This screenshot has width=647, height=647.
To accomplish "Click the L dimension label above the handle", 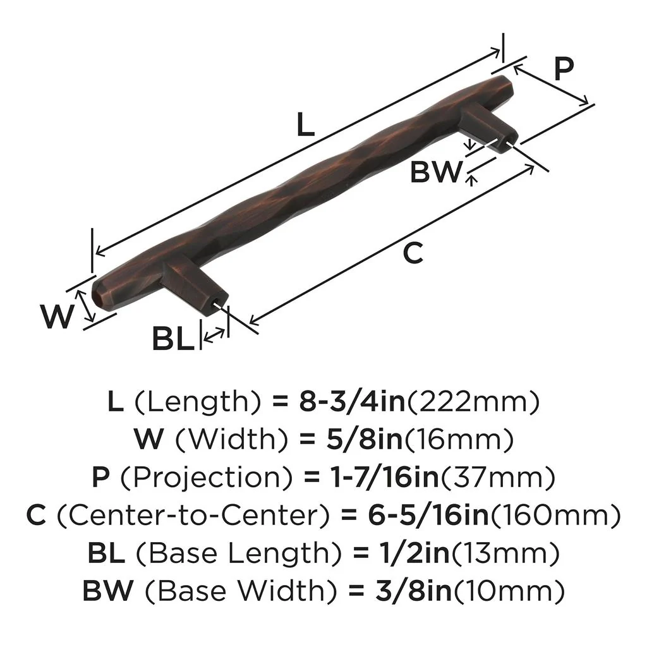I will pos(305,125).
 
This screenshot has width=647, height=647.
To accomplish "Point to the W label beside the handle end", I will pos(56,316).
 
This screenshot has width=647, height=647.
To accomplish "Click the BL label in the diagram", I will pos(171,340).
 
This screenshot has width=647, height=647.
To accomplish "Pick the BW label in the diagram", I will pos(435,171).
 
